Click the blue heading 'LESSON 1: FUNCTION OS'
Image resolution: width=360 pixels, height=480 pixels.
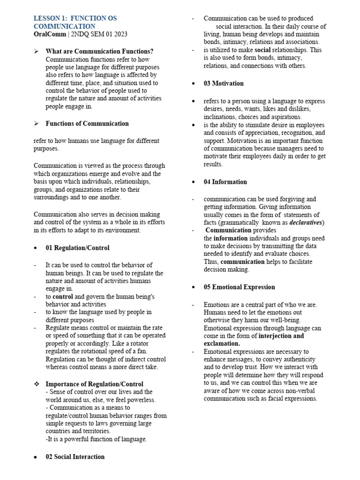(75, 18)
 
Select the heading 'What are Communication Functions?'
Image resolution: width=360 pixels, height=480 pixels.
(99, 51)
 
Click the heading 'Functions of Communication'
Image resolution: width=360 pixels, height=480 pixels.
(87, 124)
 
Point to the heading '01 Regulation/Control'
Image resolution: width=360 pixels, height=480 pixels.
(77, 247)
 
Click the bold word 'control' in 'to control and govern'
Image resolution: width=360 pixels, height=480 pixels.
(63, 297)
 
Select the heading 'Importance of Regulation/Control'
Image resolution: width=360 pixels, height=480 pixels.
(94, 384)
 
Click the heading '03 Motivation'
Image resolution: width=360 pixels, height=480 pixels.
(224, 83)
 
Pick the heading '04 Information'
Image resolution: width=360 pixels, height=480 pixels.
(225, 182)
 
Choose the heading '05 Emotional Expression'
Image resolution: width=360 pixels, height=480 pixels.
(239, 287)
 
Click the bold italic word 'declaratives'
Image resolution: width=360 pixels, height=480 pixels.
(306, 222)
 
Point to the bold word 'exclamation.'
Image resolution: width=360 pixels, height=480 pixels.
(222, 344)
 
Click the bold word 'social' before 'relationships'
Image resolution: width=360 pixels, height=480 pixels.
(263, 50)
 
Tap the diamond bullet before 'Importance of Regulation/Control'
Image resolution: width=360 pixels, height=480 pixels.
(36, 384)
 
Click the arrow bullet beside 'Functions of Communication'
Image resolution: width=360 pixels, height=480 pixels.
(36, 124)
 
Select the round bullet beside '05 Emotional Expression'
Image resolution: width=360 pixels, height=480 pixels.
(194, 287)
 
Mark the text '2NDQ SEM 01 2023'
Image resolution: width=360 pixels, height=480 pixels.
(98, 34)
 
